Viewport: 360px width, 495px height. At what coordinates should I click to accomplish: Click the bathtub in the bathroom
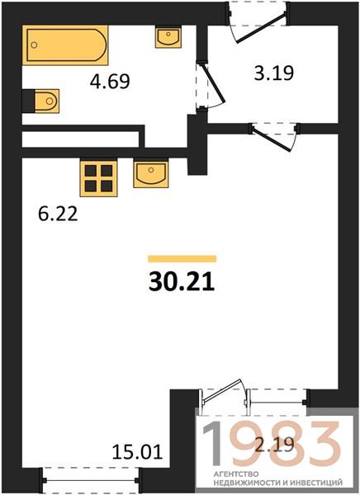[x=65, y=45]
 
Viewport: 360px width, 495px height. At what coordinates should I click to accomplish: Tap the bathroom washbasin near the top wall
[x=168, y=37]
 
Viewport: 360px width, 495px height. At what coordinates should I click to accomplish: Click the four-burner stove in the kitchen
[x=98, y=178]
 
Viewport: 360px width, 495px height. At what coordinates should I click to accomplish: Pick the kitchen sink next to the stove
[x=151, y=173]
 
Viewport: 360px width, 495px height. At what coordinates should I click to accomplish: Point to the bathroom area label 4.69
[x=110, y=81]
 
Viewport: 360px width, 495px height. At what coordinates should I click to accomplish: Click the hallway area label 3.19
[x=274, y=73]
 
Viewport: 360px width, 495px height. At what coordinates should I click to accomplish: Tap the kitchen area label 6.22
[x=58, y=214]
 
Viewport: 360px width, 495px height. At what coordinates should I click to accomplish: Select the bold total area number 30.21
[x=182, y=281]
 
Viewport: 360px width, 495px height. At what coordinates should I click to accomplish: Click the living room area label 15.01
[x=138, y=452]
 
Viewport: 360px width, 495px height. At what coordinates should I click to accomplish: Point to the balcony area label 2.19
[x=274, y=445]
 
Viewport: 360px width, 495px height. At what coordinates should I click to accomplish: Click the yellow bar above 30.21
[x=182, y=259]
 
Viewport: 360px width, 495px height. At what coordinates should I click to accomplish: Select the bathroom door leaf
[x=216, y=83]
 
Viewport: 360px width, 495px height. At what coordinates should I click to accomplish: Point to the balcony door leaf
[x=222, y=391]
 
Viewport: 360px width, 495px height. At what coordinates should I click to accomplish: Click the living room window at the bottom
[x=91, y=480]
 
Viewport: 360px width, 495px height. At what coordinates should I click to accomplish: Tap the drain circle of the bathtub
[x=34, y=45]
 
